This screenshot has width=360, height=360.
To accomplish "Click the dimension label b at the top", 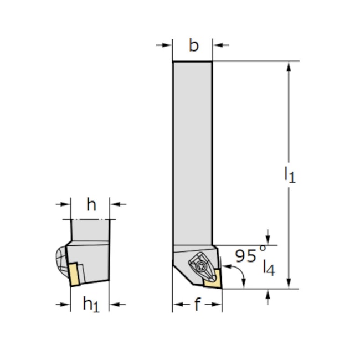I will click(x=193, y=45).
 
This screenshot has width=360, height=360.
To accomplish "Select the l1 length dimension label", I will click(x=290, y=175).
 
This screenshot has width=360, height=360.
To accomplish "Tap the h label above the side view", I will click(x=91, y=205).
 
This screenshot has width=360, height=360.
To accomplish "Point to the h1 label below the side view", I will click(x=91, y=304).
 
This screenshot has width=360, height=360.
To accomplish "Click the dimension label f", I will click(x=198, y=305).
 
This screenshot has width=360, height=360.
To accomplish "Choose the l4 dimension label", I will click(x=268, y=267).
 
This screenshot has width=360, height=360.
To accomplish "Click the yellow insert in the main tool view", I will click(x=213, y=281).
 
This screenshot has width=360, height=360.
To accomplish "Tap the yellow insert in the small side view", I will click(x=73, y=274).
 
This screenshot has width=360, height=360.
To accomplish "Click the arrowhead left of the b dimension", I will click(x=168, y=45).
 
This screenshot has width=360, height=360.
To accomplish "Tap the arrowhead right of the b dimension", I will click(x=218, y=45).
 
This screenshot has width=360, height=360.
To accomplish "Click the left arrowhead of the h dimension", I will click(x=66, y=205).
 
